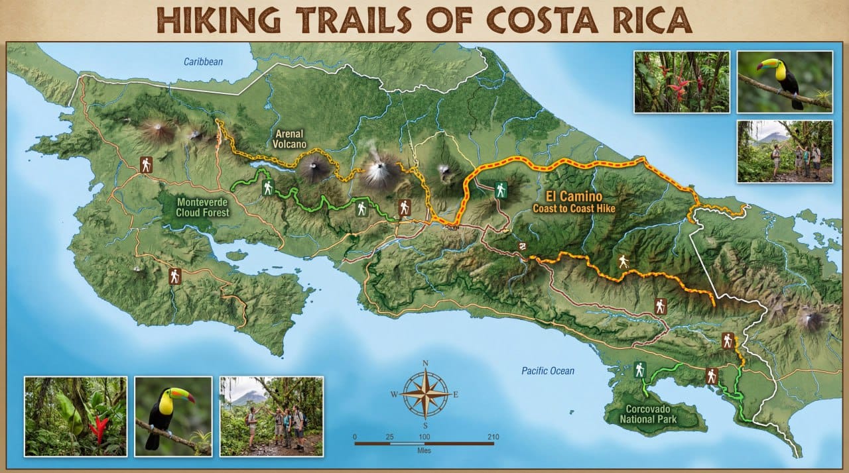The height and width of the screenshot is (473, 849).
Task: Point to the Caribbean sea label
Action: point(204,62)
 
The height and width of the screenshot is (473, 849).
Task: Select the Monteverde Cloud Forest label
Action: point(202,207)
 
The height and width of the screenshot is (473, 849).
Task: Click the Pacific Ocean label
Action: point(547,371)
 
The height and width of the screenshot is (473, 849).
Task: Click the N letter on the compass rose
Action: point(425,363)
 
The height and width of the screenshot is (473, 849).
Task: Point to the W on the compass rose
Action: point(393,394)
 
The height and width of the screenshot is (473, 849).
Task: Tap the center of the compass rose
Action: point(425,394)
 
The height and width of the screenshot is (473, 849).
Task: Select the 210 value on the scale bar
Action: point(493,437)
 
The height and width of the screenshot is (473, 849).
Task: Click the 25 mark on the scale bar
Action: point(389,437)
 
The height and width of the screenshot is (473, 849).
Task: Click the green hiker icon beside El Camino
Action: point(501,190)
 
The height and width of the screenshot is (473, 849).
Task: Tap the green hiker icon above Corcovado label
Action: point(639,370)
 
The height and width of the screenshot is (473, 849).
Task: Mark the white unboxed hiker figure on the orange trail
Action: point(622,262)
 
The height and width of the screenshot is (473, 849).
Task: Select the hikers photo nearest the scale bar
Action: point(271,416)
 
